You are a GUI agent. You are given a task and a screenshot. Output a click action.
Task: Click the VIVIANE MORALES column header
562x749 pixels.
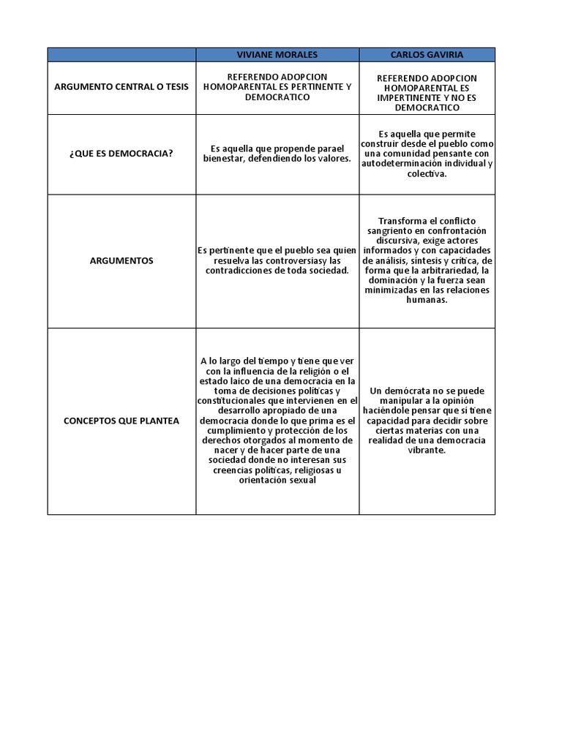point(277,55)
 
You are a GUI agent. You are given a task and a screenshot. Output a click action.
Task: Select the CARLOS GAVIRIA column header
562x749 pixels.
point(427,55)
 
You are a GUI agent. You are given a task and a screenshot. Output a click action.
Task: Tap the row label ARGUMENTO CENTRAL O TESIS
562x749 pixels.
point(121,87)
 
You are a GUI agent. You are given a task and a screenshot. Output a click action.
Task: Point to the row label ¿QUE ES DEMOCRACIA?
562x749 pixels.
point(121,154)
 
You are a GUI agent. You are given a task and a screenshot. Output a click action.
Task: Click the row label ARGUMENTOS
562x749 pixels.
point(121,260)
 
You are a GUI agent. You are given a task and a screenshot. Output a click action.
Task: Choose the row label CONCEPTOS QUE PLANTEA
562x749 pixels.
point(121,421)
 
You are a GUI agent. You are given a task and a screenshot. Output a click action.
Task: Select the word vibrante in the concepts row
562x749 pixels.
point(427,451)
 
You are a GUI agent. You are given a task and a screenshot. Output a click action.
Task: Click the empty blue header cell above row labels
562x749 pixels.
point(121,55)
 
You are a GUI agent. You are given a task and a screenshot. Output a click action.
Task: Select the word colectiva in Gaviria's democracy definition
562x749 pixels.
point(427,174)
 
